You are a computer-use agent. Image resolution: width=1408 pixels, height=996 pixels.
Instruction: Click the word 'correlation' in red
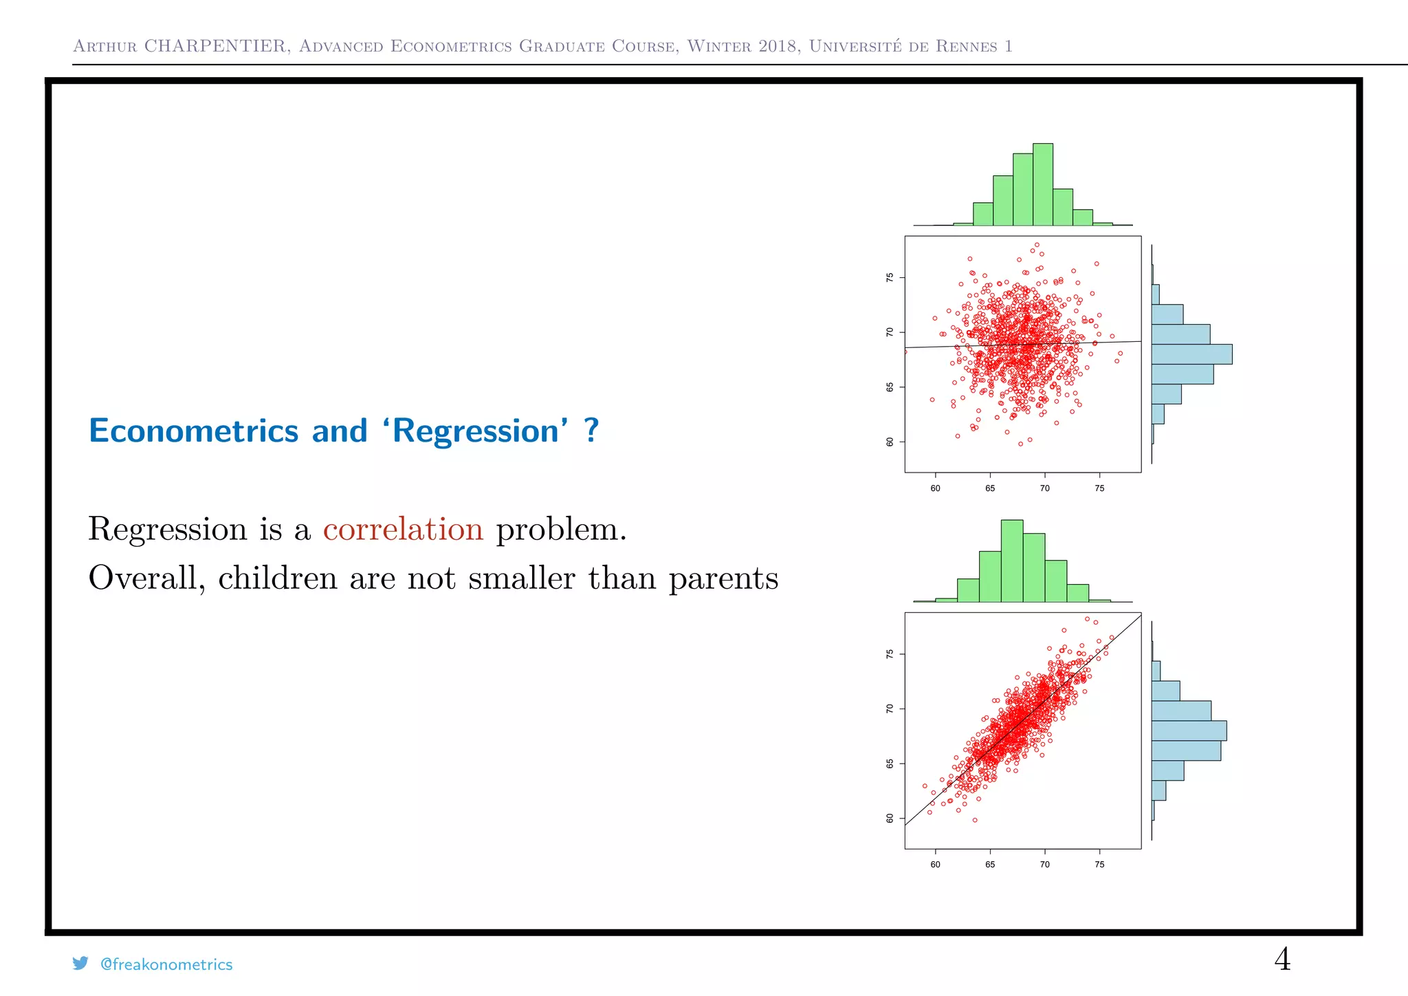[x=403, y=529]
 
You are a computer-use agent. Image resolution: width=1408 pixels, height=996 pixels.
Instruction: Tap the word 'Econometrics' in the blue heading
[x=193, y=431]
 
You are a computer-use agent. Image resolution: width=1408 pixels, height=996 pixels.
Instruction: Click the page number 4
[x=1281, y=959]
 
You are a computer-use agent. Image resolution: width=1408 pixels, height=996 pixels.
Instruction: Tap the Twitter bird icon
[x=80, y=964]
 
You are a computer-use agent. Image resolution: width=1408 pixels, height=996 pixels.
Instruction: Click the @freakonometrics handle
[x=166, y=964]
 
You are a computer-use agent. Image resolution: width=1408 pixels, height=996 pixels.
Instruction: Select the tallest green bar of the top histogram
[x=1042, y=184]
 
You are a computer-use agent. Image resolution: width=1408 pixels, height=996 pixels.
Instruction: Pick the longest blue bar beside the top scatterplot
[x=1191, y=354]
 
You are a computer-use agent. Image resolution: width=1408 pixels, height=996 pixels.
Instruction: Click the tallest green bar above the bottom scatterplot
[x=1011, y=561]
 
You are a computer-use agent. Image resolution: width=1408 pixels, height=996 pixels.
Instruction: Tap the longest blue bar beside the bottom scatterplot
[x=1189, y=730]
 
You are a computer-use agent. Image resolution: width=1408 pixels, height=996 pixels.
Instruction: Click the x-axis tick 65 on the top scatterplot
[x=990, y=488]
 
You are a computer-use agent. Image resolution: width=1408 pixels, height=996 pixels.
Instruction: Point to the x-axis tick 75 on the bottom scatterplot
[x=1099, y=865]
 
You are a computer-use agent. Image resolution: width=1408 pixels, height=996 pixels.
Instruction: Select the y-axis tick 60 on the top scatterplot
[x=890, y=442]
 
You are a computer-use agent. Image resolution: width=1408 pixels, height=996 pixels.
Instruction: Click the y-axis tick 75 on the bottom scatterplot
[x=890, y=654]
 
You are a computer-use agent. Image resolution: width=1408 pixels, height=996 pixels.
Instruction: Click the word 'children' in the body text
[x=277, y=577]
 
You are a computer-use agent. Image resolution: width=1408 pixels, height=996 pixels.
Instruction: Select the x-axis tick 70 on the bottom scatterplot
[x=1044, y=865]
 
